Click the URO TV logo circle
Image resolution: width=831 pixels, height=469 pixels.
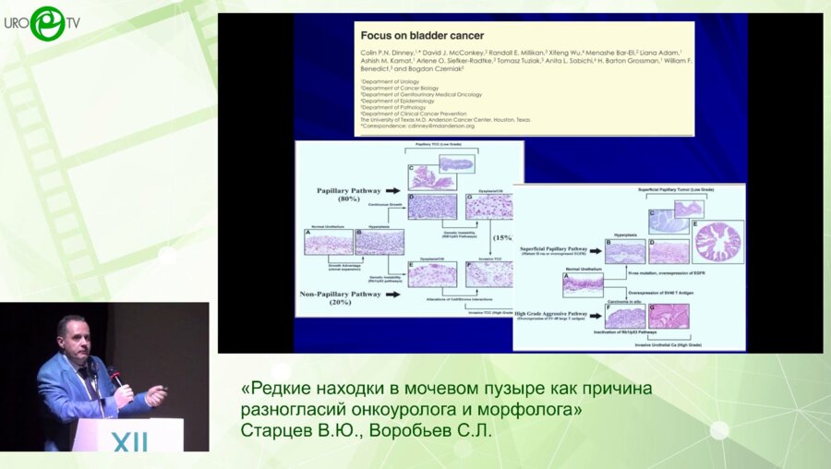click(47, 23)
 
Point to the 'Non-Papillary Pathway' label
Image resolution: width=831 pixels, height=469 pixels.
click(340, 294)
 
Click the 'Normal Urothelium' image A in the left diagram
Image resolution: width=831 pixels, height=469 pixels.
click(328, 242)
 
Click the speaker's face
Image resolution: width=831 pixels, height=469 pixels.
click(74, 337)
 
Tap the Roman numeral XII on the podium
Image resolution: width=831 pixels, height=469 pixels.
click(129, 443)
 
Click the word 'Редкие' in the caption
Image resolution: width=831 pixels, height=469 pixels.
click(286, 389)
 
